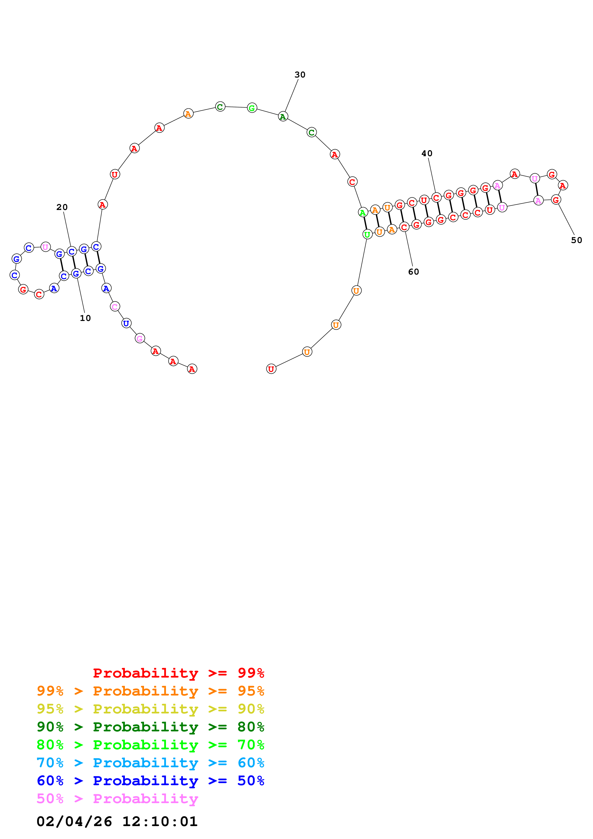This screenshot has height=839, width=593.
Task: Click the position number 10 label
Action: coord(85,318)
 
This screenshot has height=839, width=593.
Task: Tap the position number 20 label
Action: coord(62,207)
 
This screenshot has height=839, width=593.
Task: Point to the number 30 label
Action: coord(299,75)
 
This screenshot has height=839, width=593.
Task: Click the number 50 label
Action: coord(576,240)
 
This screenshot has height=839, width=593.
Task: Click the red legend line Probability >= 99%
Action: coord(178,673)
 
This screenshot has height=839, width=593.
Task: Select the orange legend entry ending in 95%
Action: coord(150,691)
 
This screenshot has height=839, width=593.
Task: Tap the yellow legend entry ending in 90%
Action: coord(150,709)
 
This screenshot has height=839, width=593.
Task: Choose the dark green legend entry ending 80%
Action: coord(150,727)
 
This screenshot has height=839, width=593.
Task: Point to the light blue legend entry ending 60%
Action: coord(150,763)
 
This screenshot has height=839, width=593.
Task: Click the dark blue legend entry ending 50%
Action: coord(150,781)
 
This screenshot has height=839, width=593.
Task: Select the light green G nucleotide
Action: coord(252,108)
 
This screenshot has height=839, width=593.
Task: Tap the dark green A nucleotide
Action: coord(283,116)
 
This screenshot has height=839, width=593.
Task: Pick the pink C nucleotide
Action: coord(115,307)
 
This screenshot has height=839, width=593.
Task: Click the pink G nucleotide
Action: coord(139,339)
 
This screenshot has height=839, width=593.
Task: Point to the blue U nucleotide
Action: coord(126,323)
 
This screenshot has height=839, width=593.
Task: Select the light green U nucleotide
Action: coord(367,234)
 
